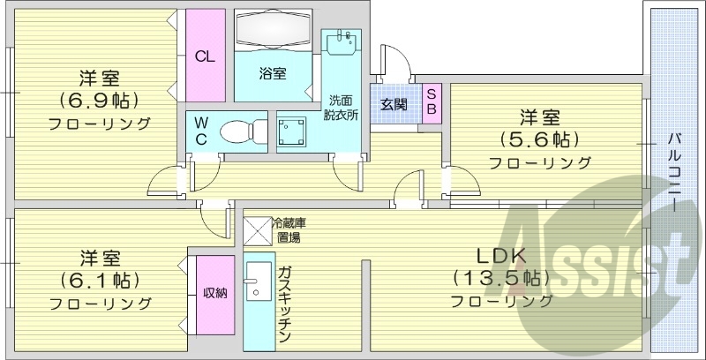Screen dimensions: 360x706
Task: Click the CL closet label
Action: [205, 57]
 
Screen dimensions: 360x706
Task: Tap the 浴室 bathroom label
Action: [272, 74]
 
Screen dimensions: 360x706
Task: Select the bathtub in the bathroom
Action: [272, 34]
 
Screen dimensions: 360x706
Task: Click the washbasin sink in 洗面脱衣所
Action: [342, 41]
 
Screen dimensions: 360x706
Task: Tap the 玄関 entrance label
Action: [394, 104]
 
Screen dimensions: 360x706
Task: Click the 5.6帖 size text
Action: [540, 139]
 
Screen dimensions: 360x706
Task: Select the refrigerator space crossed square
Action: [258, 231]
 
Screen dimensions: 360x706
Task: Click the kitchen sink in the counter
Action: [257, 284]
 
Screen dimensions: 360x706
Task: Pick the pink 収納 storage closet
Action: [215, 295]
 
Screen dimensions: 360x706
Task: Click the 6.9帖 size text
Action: [100, 99]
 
